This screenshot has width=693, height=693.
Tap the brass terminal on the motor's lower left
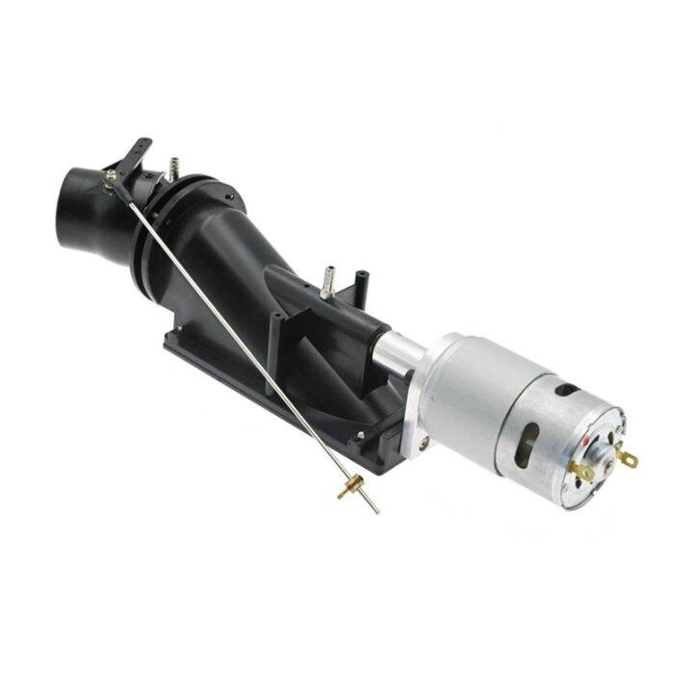coord(580,472)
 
